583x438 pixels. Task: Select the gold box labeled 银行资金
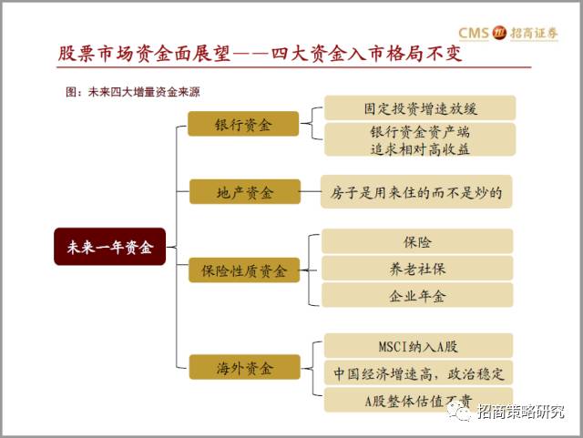pyautogui.click(x=242, y=124)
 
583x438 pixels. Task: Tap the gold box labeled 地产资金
pyautogui.click(x=244, y=192)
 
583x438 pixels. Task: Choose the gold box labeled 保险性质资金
pyautogui.click(x=244, y=270)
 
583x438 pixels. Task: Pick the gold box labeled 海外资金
pyautogui.click(x=244, y=368)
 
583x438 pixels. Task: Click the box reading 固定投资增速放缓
pyautogui.click(x=419, y=108)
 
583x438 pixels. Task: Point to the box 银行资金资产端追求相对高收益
pyautogui.click(x=419, y=140)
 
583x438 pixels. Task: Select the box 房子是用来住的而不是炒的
pyautogui.click(x=417, y=192)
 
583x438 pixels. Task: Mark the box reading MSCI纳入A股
pyautogui.click(x=417, y=346)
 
